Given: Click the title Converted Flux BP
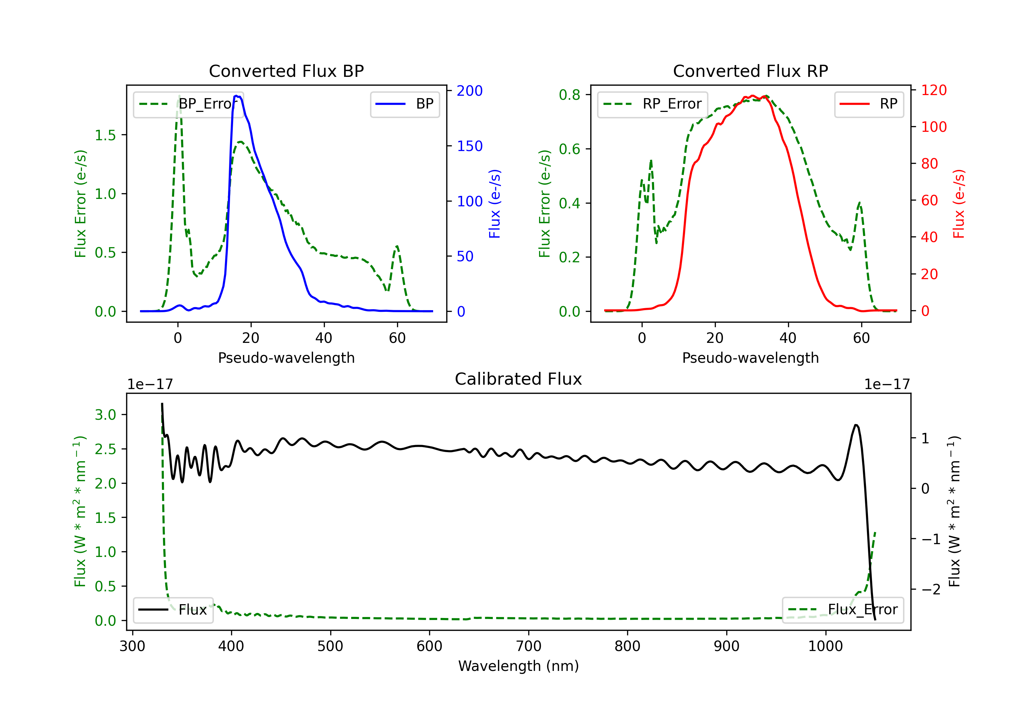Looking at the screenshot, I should pos(286,71).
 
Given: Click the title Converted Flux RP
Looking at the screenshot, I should pos(750,71).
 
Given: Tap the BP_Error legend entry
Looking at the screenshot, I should pos(188,104).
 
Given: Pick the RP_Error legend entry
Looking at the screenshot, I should pos(652,104).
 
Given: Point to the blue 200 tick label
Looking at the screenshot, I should pos(470,91).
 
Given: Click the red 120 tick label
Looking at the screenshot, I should pos(933,90).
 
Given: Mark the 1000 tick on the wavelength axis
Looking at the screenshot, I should pos(825,646).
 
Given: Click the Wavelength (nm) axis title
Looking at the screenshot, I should pos(518,666).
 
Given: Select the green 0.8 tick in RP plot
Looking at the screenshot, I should pos(569,95).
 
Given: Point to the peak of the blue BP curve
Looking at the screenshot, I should pos(237,96).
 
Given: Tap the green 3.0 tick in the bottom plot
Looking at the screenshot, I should pos(105,415).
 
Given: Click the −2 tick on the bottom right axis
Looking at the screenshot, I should pos(931,589).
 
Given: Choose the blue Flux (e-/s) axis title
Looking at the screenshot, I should pos(495,204).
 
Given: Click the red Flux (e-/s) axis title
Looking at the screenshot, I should pos(959,204).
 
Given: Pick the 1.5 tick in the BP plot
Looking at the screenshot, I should pos(105,135).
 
